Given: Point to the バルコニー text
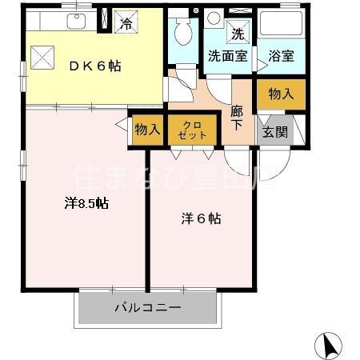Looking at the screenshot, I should pyautogui.click(x=147, y=306).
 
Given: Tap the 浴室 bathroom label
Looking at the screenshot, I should pyautogui.click(x=281, y=57).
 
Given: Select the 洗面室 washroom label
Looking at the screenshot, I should pyautogui.click(x=227, y=57).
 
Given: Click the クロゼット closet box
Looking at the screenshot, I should pyautogui.click(x=192, y=128).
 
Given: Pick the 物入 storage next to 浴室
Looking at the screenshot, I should pyautogui.click(x=281, y=94).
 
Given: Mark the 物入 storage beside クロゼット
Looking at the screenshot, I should pyautogui.click(x=147, y=129).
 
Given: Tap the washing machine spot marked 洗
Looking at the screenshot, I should pyautogui.click(x=238, y=34).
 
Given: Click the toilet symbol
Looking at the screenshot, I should pyautogui.click(x=182, y=32).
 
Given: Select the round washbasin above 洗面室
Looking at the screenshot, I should pyautogui.click(x=213, y=19).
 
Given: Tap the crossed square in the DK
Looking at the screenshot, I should pyautogui.click(x=41, y=57).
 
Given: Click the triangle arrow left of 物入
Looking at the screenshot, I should pyautogui.click(x=121, y=126).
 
